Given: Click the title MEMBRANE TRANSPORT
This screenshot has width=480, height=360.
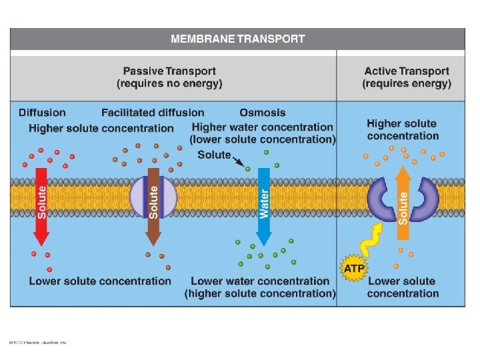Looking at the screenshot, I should click(238, 39).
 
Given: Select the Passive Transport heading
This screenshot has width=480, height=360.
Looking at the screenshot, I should click(169, 71).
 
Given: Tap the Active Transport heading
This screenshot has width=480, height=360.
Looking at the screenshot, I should click(407, 71).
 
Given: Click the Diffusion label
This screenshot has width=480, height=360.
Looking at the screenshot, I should click(42, 113).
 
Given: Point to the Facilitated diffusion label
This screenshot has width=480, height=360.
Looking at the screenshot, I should click(153, 113).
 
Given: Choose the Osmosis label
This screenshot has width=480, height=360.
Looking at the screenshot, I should click(262, 113).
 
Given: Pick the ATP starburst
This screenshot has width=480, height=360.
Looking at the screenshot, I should click(353, 269).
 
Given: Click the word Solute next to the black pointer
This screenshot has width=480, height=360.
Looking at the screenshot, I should click(213, 155).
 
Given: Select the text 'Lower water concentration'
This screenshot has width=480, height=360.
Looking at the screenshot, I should click(260, 281).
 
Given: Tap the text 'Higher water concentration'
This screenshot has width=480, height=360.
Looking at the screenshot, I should click(262, 127).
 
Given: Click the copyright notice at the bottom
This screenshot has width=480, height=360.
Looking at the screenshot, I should click(38, 343).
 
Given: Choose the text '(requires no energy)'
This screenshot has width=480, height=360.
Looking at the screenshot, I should click(169, 84).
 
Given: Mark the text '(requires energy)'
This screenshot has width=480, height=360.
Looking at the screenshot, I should click(407, 84).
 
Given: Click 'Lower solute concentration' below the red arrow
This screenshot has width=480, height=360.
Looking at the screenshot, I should click(100, 281).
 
